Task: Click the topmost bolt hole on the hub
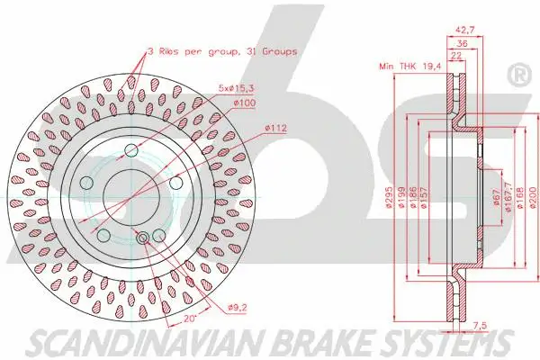130,149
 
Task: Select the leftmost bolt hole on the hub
87,183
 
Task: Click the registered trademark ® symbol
520,76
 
